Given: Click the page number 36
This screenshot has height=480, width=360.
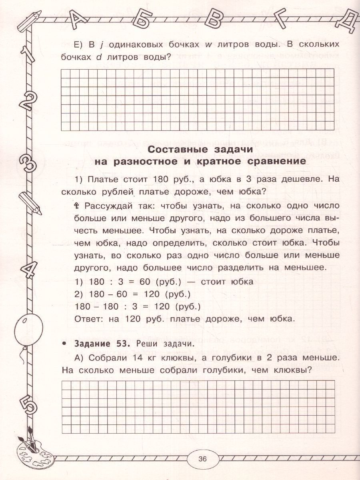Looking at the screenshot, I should click(201, 459).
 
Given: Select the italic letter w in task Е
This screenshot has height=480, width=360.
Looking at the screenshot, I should click(208, 44).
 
